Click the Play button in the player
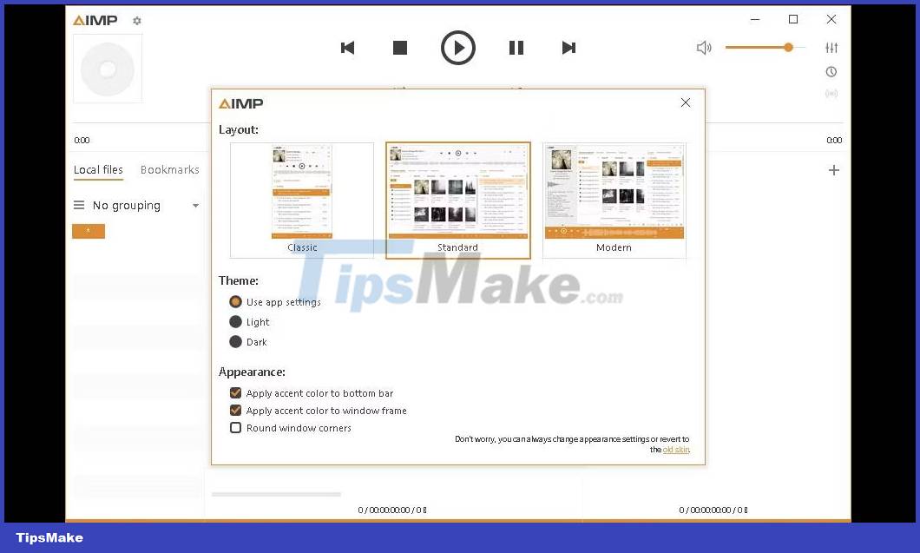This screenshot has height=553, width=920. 458,48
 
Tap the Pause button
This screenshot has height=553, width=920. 516,48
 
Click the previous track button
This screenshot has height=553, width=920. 348,48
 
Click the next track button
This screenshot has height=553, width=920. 568,48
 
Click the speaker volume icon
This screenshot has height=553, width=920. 704,48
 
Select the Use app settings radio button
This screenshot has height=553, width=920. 235,302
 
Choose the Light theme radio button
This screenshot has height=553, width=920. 235,322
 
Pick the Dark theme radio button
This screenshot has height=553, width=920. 235,342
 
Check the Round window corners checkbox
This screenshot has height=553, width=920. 235,428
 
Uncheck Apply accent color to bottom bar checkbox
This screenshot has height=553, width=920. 235,393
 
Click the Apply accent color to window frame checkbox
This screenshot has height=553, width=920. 235,411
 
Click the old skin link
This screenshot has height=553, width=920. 676,450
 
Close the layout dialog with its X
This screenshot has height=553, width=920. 686,102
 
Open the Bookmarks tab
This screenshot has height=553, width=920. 170,170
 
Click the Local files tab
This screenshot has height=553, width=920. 98,170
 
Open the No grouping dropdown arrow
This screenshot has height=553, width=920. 195,206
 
